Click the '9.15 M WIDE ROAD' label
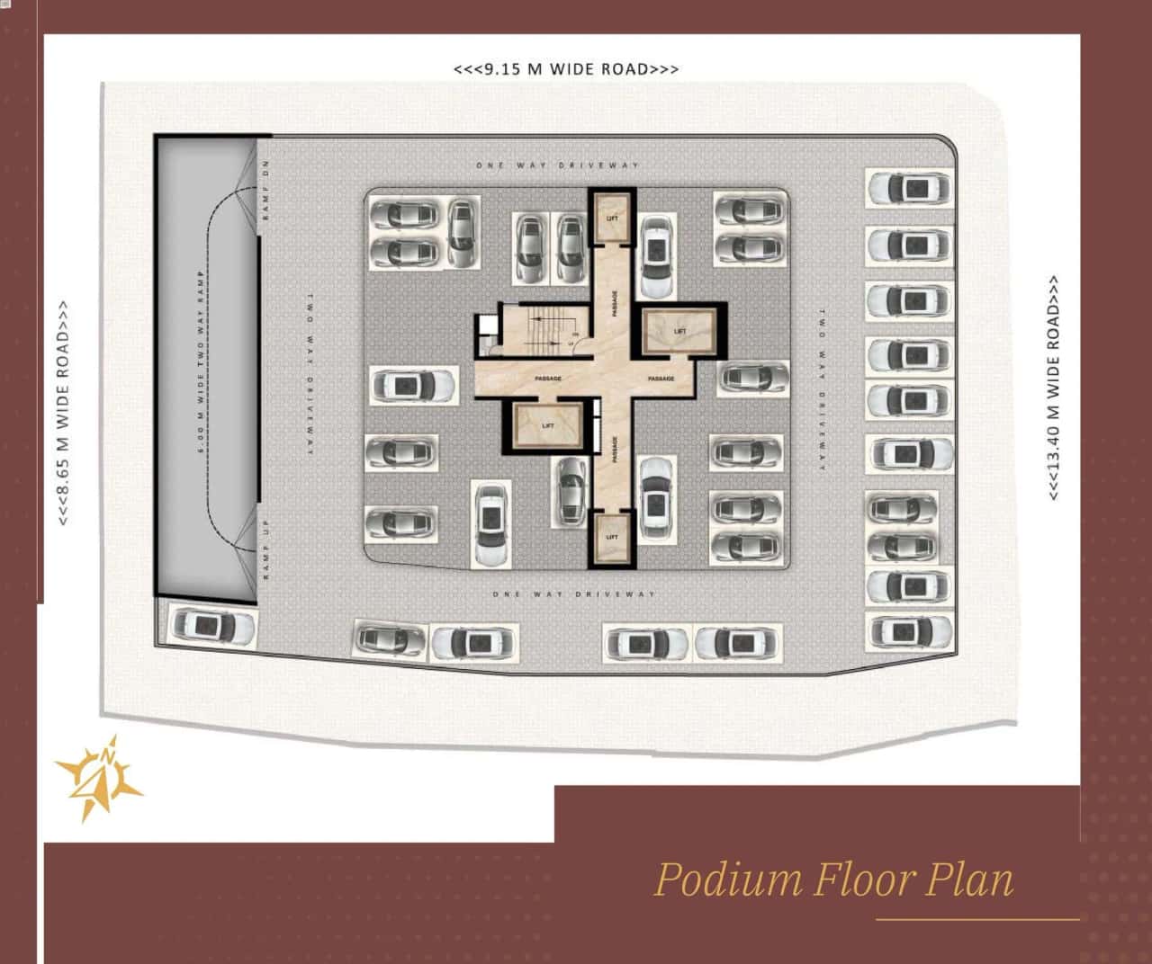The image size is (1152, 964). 566,69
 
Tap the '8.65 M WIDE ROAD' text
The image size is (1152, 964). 64,413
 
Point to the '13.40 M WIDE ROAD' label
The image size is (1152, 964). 1054,388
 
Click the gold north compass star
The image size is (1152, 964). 99,775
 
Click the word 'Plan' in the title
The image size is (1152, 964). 969,879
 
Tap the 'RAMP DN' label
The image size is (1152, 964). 266,196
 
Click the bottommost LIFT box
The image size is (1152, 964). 612,537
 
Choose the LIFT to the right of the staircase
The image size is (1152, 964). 679,331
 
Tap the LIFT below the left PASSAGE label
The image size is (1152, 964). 547,425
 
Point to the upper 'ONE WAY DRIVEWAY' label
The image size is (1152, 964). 557,165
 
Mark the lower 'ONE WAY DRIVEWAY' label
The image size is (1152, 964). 573,594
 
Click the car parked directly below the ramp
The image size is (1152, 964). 206,625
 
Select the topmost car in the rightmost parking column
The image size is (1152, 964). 909,188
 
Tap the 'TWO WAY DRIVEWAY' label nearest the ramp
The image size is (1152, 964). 308,373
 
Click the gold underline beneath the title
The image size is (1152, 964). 977,920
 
